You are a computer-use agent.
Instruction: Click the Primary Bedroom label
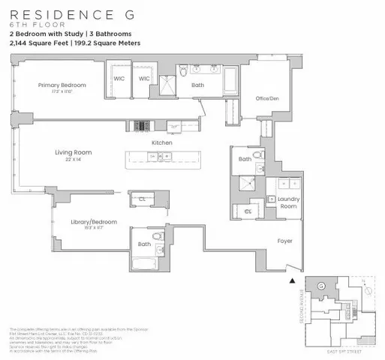62,85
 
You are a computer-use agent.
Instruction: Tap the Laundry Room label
289,202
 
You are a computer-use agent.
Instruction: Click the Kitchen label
162,142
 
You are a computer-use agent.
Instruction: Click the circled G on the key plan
321,286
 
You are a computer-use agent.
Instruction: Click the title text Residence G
65,13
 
